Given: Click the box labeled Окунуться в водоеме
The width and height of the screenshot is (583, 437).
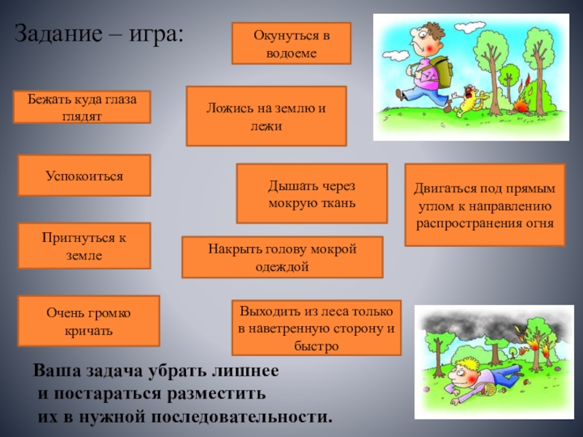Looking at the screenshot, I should click(x=291, y=43).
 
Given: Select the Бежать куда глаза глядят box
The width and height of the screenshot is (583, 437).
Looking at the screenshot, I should click(x=83, y=106).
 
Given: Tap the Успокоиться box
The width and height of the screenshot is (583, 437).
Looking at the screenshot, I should click(x=84, y=176).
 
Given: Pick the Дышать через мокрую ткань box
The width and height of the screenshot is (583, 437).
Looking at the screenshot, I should click(x=312, y=194).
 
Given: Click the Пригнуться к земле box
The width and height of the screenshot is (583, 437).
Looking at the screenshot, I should click(x=84, y=246).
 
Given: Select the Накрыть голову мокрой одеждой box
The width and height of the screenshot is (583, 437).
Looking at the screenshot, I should click(x=282, y=257).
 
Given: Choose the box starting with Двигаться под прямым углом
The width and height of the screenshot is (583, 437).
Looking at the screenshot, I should click(x=485, y=205).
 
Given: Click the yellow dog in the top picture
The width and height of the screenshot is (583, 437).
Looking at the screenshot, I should click(x=469, y=101).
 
